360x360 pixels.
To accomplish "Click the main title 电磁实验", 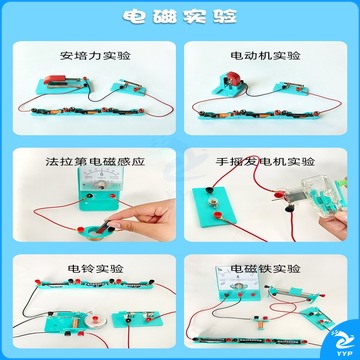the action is pyautogui.click(x=180, y=16).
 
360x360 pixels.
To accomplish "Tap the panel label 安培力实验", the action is pyautogui.click(x=95, y=55).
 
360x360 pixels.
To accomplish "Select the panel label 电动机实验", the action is pyautogui.click(x=266, y=55).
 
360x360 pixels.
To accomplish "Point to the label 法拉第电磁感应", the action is pyautogui.click(x=95, y=162).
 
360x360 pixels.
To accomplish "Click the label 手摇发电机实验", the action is pyautogui.click(x=265, y=162).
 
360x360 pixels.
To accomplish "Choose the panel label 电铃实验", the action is pyautogui.click(x=95, y=268).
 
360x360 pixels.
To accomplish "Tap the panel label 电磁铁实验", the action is pyautogui.click(x=266, y=268).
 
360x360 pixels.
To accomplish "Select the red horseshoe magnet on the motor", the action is pyautogui.click(x=232, y=79).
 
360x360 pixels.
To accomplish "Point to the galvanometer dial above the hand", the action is pyautogui.click(x=101, y=178).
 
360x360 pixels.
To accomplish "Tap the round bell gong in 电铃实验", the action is pyautogui.click(x=95, y=320).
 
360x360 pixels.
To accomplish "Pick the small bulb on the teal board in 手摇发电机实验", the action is pyautogui.click(x=211, y=202).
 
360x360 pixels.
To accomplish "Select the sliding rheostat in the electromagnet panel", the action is pyautogui.click(x=296, y=292).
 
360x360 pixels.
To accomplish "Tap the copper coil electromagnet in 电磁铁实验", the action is pyautogui.click(x=259, y=323).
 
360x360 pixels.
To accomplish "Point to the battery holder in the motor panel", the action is pyautogui.click(x=259, y=114).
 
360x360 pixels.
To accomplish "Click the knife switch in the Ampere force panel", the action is pyautogui.click(x=129, y=87).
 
